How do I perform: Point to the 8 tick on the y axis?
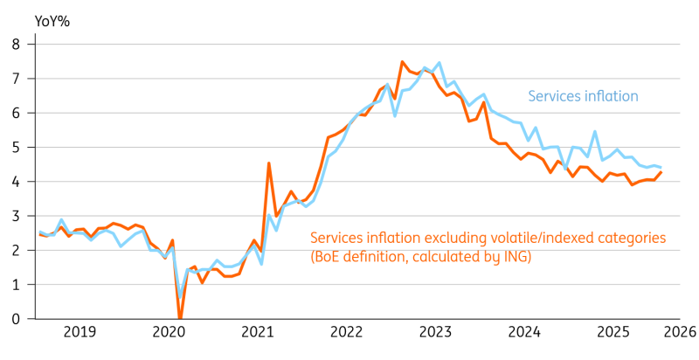click(x=16, y=44)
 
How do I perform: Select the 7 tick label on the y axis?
click(x=16, y=78)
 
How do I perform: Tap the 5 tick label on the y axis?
click(x=16, y=147)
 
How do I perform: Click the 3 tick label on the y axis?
click(x=16, y=216)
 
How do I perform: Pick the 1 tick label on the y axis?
click(x=16, y=285)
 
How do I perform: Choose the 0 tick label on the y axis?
click(x=16, y=319)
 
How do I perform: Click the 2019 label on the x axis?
click(x=80, y=332)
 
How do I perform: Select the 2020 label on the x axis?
click(x=169, y=332)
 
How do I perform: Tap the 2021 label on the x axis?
click(x=258, y=332)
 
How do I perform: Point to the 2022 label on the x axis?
click(x=347, y=332)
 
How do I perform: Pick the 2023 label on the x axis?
click(x=436, y=332)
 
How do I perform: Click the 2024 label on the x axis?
click(x=525, y=332)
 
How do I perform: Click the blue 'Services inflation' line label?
click(x=583, y=97)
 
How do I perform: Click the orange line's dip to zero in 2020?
click(x=180, y=318)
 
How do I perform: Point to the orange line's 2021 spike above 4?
click(x=268, y=163)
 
